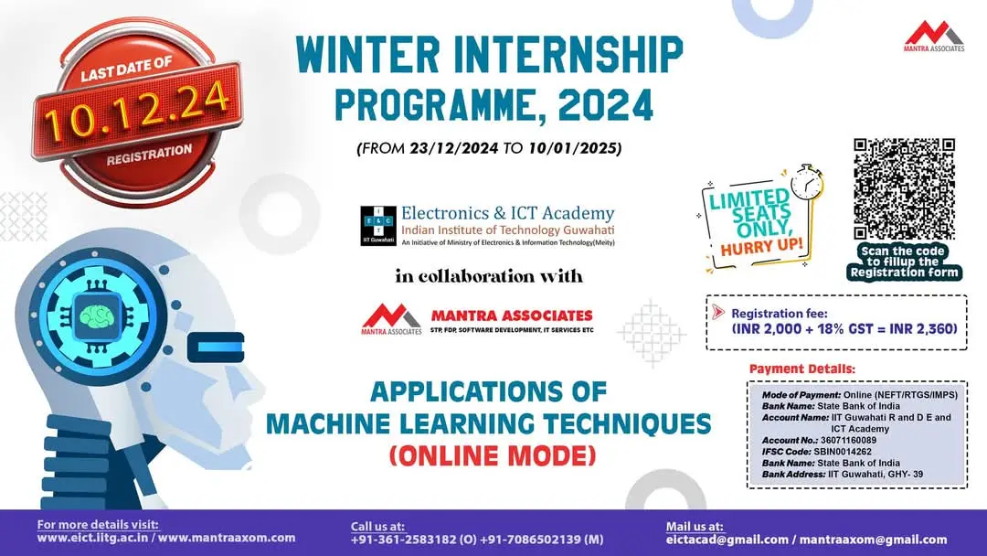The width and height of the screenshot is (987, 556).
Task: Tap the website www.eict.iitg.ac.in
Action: pyautogui.click(x=95, y=539)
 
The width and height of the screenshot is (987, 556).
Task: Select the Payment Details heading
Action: pyautogui.click(x=801, y=369)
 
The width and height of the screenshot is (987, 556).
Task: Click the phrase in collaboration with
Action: pyautogui.click(x=488, y=275)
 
